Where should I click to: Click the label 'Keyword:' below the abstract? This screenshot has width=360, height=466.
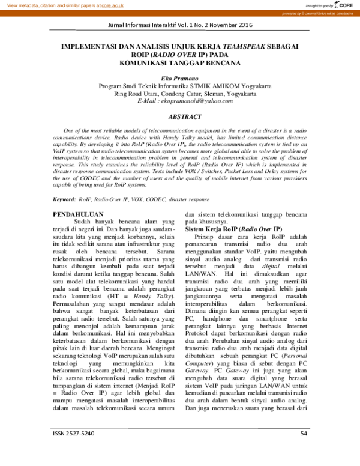click(64, 199)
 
